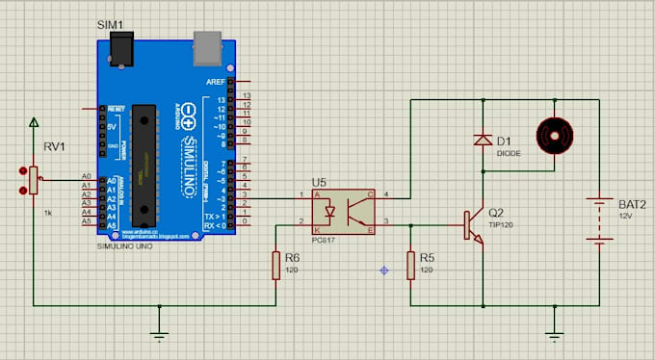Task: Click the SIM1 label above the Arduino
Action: coord(111,22)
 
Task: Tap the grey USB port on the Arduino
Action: coord(207,43)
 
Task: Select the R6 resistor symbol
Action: coord(276,265)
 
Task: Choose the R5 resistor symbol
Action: coord(411,265)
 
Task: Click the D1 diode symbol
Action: coord(483,140)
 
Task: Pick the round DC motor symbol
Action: coord(553,135)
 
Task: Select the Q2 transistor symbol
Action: coord(474,224)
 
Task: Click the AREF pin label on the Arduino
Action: coord(216,83)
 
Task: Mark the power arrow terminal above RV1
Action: coord(34,123)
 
